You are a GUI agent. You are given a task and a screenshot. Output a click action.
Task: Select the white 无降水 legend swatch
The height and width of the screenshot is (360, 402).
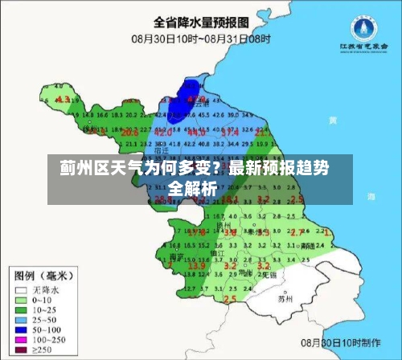[x=22, y=289]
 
